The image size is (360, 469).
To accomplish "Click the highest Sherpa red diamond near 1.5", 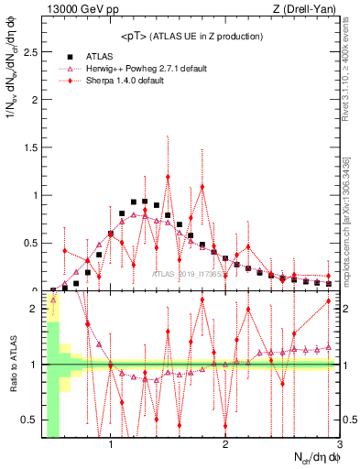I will [x=168, y=177].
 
